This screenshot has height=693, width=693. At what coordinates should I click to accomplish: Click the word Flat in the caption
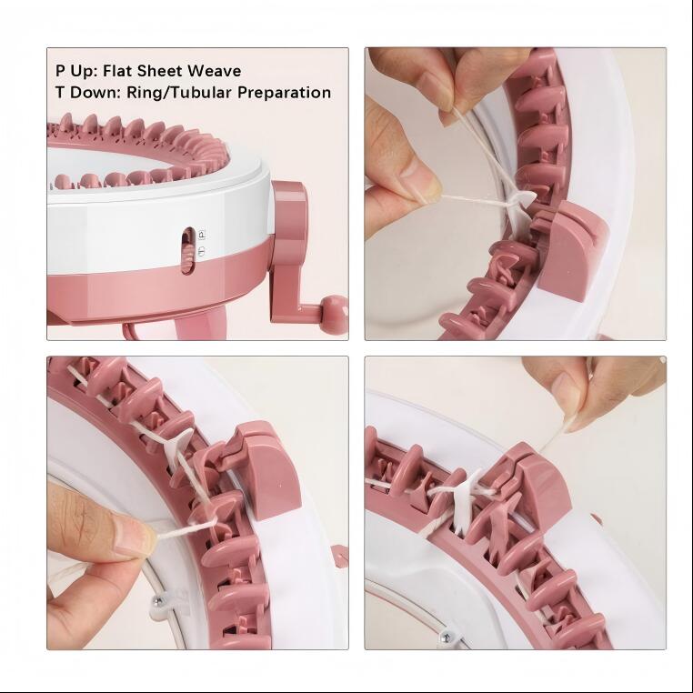pos(117,71)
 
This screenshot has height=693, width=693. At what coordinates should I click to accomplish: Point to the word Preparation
pos(284,94)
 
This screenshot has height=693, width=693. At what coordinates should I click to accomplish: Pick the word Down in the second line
pos(91,93)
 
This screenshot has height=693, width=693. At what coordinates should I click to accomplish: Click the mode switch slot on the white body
pos(189,251)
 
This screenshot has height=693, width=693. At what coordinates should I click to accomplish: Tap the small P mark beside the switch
pos(202,235)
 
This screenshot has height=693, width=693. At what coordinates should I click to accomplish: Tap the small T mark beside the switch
pos(202,251)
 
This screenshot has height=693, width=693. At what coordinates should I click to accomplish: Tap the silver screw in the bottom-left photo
pos(156,600)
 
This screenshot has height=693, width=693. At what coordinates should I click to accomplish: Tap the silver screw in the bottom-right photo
pos(447,638)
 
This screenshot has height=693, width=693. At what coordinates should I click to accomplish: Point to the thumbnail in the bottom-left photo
pos(133,537)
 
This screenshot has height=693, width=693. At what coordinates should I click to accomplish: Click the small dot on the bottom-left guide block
pos(279,486)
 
